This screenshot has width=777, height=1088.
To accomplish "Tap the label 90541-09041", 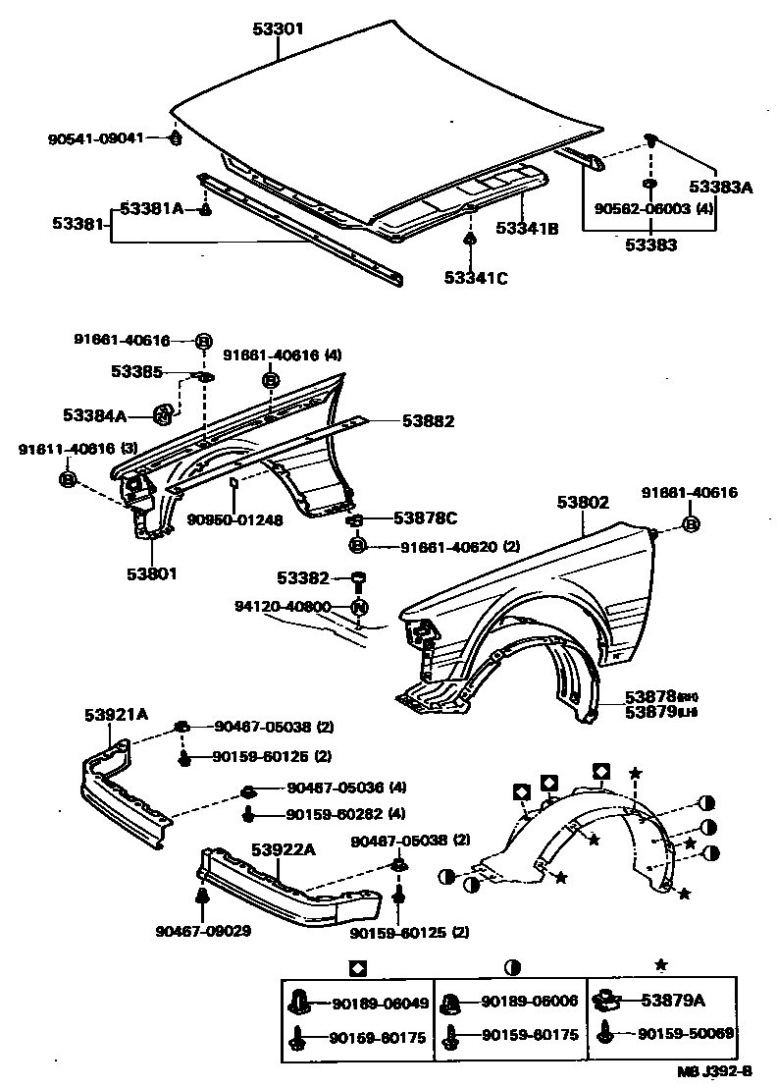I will [96, 138].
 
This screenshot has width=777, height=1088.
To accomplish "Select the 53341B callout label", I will [527, 229].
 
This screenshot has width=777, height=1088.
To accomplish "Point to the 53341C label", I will [475, 278].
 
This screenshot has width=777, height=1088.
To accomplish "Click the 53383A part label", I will [719, 187].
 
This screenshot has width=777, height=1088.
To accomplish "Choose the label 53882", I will [428, 421].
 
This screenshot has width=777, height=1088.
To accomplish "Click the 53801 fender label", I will [150, 573].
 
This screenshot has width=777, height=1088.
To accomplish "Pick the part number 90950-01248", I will [234, 520].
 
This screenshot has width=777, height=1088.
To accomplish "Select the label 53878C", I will [425, 517].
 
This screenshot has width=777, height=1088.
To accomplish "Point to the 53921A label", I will [115, 715].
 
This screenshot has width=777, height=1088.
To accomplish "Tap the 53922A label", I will [282, 849].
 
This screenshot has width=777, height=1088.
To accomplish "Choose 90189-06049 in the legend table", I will [379, 1003].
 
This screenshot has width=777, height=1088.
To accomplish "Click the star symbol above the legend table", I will [660, 966].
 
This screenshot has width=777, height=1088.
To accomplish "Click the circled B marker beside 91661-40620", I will [357, 545].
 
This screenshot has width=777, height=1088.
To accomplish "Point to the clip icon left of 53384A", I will [164, 415].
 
